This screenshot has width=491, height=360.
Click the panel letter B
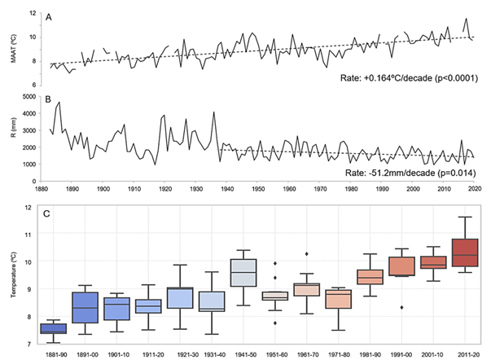[x=51, y=100]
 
